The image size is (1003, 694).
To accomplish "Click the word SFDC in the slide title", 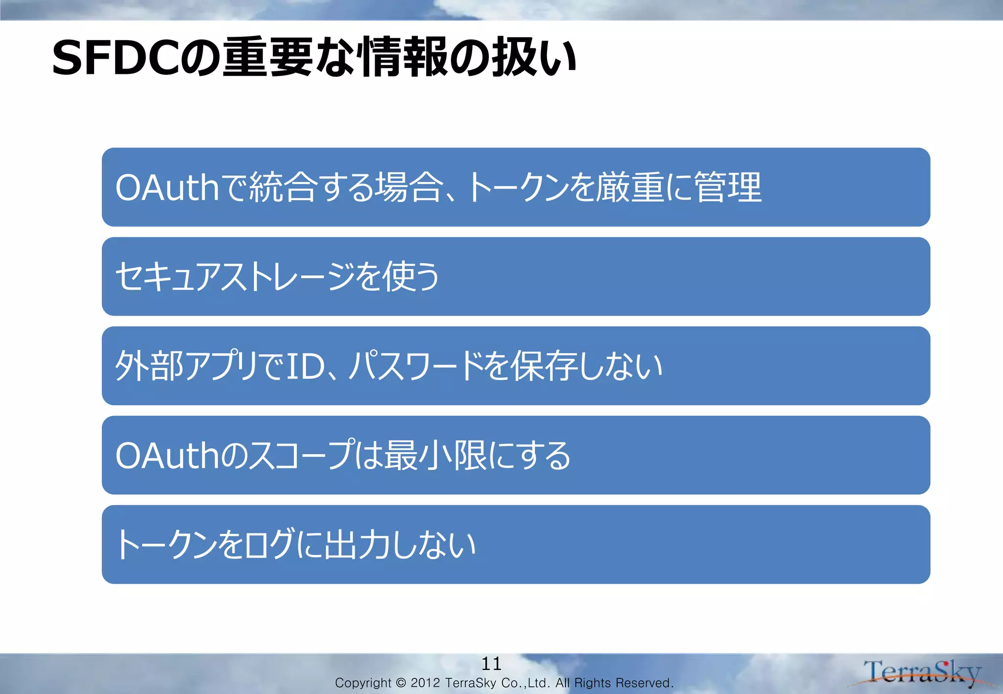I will pyautogui.click(x=116, y=58).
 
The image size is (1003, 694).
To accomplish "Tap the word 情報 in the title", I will pyautogui.click(x=404, y=57).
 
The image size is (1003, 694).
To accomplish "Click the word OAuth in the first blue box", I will pyautogui.click(x=167, y=187).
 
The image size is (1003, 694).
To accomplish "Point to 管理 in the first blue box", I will pyautogui.click(x=728, y=187).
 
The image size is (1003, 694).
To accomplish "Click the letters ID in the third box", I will pyautogui.click(x=305, y=366).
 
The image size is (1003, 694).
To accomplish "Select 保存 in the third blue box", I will pyautogui.click(x=544, y=366).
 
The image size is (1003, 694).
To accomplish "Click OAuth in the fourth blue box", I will pyautogui.click(x=167, y=456).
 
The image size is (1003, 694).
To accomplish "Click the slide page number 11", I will pyautogui.click(x=491, y=664).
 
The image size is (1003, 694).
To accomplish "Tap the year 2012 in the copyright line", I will pyautogui.click(x=425, y=683).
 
